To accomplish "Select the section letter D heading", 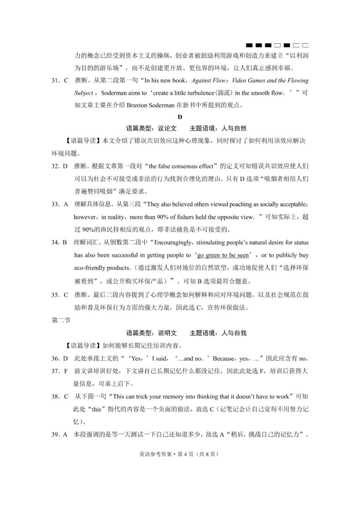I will pyautogui.click(x=180, y=116).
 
